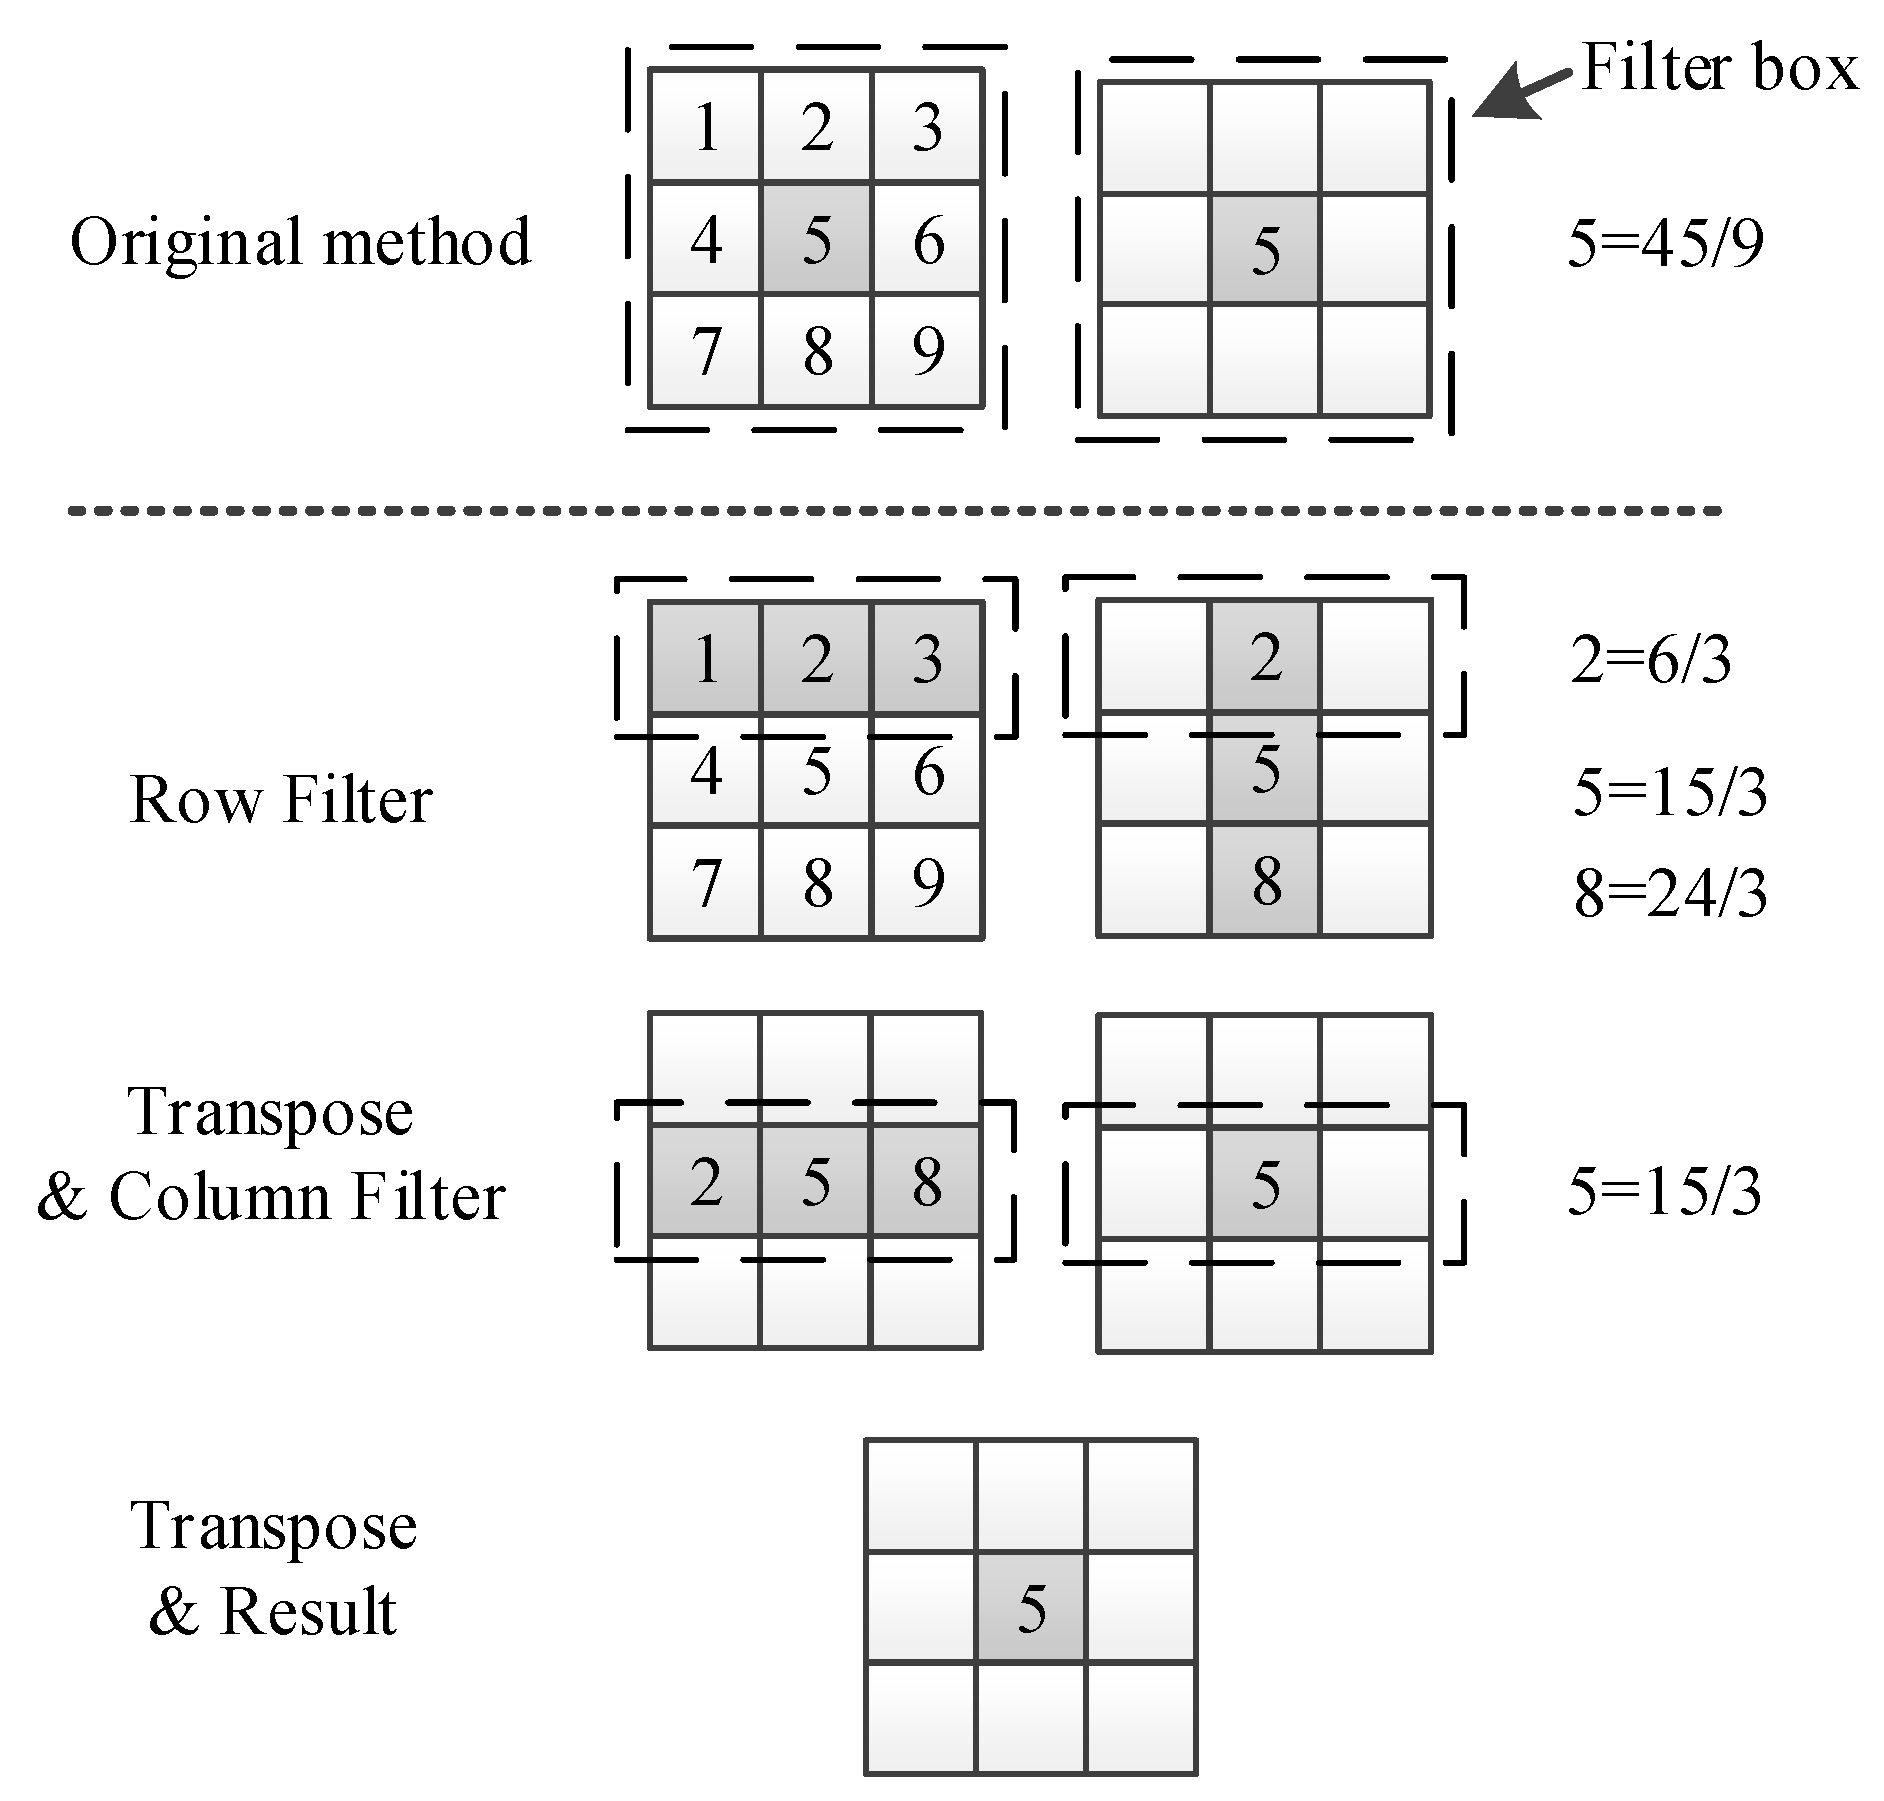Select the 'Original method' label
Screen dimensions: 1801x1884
300,242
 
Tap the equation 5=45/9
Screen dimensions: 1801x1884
1665,244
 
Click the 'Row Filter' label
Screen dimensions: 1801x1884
281,800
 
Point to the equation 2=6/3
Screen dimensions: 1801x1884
1651,661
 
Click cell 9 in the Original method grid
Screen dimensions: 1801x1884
928,351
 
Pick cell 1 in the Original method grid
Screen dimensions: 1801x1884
706,127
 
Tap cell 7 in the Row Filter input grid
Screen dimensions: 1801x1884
706,883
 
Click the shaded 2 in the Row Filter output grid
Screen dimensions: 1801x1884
1266,658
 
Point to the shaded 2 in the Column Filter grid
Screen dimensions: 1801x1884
706,1183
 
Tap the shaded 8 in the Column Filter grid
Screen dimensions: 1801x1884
928,1183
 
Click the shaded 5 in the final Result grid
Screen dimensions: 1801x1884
1031,1609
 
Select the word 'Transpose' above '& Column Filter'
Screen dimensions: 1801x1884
271,1112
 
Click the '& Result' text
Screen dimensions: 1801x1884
273,1611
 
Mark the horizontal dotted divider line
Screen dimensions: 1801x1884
894,511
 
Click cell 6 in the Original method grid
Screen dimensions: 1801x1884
928,240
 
